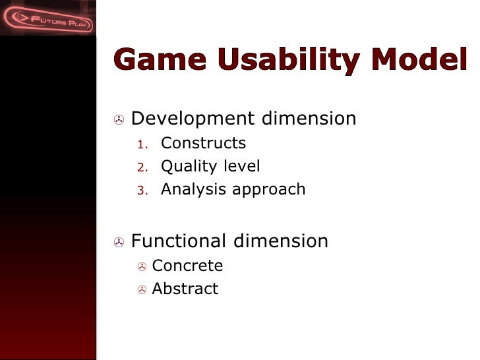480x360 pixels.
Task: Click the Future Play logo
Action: pos(47,18)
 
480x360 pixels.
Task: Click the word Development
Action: pos(193,119)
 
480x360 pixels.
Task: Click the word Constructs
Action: pos(203,143)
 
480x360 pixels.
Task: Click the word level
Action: pos(241,166)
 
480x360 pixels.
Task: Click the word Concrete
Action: pos(187,266)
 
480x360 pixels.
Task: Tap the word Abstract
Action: pos(185,289)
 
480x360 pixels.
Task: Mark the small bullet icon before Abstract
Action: pos(142,290)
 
